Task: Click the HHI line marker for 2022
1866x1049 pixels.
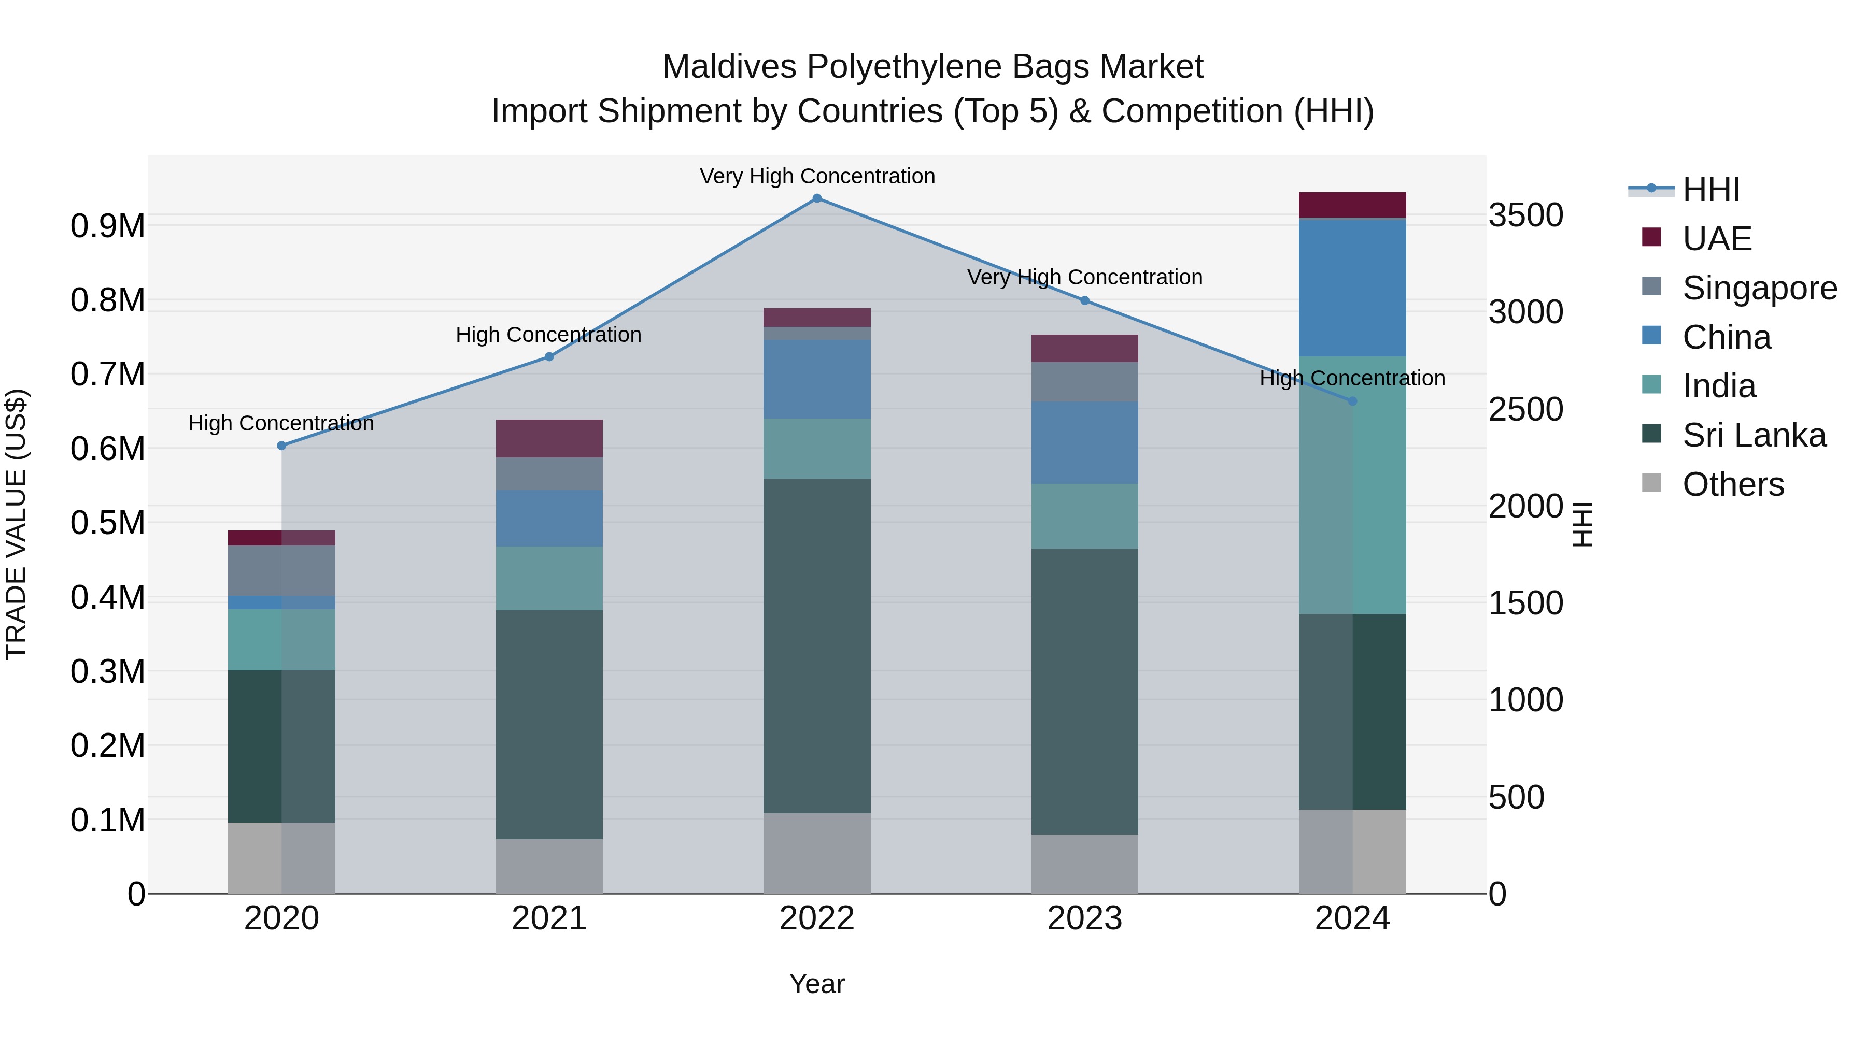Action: [x=816, y=198]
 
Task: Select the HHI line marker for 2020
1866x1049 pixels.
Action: [x=282, y=446]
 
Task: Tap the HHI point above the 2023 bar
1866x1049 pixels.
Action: [x=1084, y=300]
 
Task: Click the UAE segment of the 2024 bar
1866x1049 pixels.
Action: [x=1352, y=205]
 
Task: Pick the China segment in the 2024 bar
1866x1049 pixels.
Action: [x=1352, y=288]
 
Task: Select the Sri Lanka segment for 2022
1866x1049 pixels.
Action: [x=816, y=646]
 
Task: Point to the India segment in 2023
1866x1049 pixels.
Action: [x=1084, y=516]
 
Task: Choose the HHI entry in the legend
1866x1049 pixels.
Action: [x=1711, y=190]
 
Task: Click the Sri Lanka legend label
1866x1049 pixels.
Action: [x=1754, y=436]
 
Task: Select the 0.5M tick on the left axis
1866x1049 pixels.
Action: [x=108, y=523]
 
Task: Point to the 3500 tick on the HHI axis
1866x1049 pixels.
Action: [x=1525, y=215]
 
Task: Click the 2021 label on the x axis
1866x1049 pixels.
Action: [x=549, y=918]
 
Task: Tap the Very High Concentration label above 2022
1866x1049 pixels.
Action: [x=817, y=176]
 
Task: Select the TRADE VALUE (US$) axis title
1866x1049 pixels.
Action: [x=17, y=524]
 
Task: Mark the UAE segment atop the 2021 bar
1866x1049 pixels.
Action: [x=549, y=439]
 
